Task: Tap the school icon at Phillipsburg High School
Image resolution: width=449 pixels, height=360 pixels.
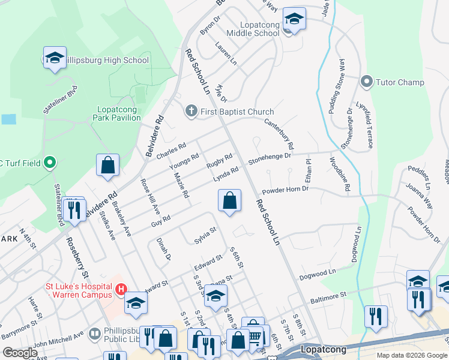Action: tap(55, 58)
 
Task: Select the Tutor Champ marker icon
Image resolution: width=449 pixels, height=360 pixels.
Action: tap(367, 82)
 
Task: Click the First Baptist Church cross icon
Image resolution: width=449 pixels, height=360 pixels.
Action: tap(191, 112)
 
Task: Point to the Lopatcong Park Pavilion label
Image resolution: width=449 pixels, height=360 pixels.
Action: tap(118, 113)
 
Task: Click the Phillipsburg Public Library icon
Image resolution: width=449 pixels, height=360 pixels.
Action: tap(94, 333)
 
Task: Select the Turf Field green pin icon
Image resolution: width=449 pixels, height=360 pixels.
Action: tap(50, 162)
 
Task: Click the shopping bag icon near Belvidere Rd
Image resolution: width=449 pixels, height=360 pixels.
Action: tap(107, 165)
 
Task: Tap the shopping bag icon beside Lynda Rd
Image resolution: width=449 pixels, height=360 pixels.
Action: tap(229, 200)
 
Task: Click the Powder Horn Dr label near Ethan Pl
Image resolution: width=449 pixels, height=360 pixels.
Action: tap(285, 188)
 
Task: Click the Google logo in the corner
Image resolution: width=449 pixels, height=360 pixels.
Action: tap(20, 353)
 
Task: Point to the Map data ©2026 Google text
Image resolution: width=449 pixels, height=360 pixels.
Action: tap(411, 355)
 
